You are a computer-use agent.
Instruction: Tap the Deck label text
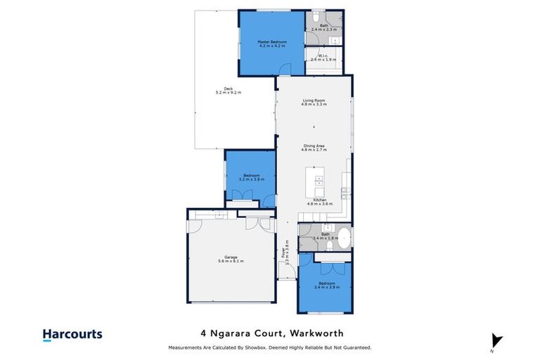point(228,88)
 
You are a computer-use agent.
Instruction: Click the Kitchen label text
point(321,200)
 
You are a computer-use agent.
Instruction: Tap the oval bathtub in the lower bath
point(345,237)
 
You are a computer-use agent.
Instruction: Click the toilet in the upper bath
point(316,17)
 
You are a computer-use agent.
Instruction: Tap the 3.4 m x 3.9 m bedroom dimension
point(326,287)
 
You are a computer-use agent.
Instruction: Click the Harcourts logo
point(72,335)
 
